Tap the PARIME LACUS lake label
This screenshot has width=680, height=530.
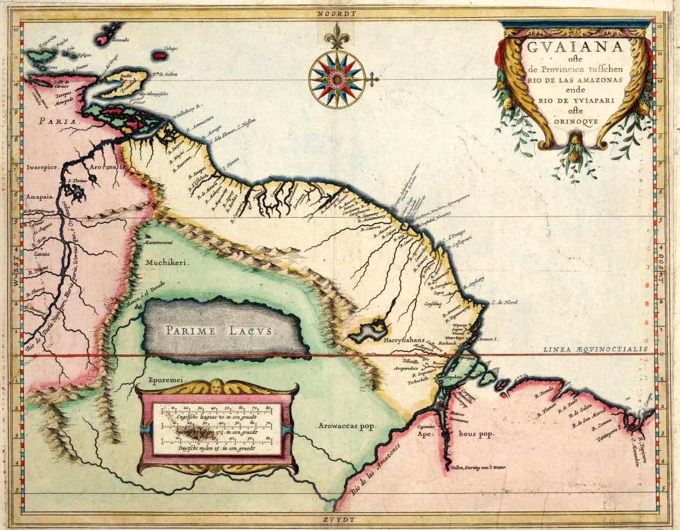pyautogui.click(x=222, y=331)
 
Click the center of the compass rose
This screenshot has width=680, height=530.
pyautogui.click(x=337, y=79)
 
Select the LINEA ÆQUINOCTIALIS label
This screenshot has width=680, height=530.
pyautogui.click(x=595, y=349)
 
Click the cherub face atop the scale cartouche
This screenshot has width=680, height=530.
pyautogui.click(x=217, y=388)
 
